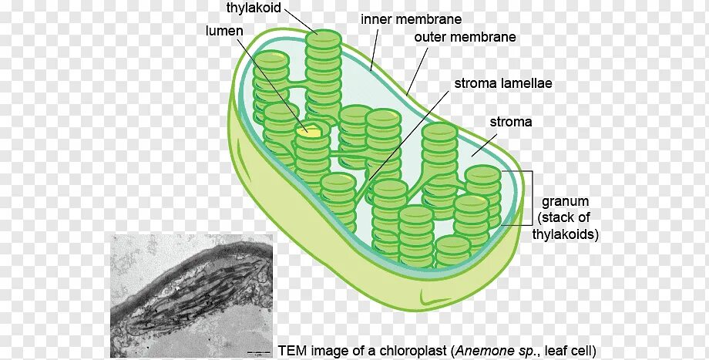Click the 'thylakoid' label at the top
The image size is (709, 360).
pos(254,8)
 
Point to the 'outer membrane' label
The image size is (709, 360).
pos(465,37)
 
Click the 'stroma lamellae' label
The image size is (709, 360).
pos(502,83)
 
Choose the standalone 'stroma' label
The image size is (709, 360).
pos(511,122)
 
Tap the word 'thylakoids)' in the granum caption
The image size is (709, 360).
pos(566,234)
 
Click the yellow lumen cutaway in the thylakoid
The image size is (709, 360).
pos(311,131)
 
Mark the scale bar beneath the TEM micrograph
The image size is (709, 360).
pos(257,353)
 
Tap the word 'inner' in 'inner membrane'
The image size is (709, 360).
pos(377,19)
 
